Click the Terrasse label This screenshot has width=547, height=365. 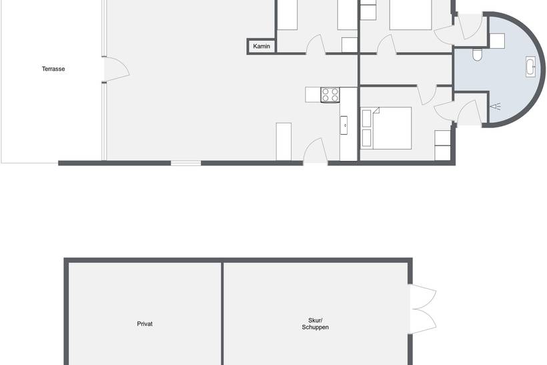click(53, 69)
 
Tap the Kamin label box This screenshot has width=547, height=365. click(261, 46)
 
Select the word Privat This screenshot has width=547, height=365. click(145, 324)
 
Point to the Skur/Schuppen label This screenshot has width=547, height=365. click(316, 324)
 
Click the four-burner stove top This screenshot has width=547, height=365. click(330, 95)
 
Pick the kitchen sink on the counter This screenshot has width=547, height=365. click(344, 125)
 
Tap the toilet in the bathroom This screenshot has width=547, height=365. click(477, 55)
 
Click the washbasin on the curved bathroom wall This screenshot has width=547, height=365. click(530, 67)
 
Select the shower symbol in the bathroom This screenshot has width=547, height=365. click(496, 106)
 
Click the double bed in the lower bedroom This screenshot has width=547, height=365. click(386, 128)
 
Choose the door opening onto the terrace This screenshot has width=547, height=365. click(117, 69)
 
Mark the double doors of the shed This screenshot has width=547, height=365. click(423, 309)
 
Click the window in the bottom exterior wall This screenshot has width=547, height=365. click(186, 163)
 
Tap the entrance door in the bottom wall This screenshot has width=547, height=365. click(316, 151)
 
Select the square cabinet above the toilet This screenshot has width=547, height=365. click(498, 41)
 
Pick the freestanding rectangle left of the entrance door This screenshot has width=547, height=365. click(284, 141)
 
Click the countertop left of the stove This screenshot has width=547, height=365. click(313, 95)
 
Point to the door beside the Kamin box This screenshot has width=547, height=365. click(316, 45)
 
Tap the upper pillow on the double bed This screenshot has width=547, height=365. click(366, 118)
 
